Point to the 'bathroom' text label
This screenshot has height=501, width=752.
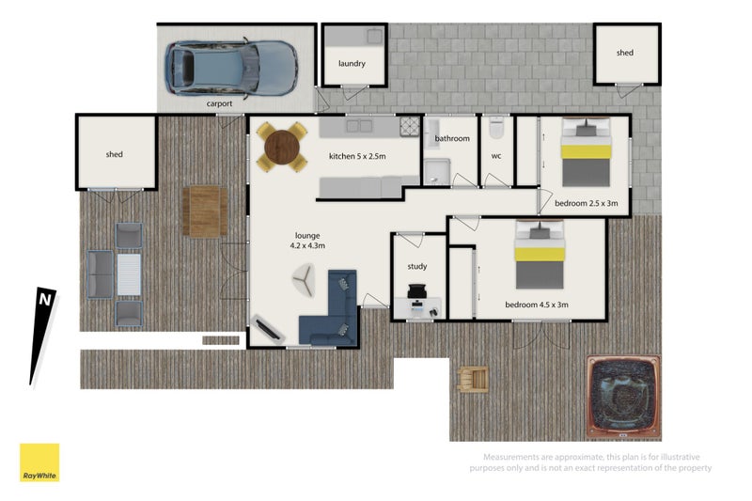(x=451, y=139)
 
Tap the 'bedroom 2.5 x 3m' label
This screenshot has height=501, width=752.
(x=585, y=203)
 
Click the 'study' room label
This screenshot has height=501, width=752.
(x=417, y=267)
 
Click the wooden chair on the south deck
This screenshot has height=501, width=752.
(x=472, y=379)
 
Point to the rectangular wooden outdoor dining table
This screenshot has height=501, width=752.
(x=205, y=211)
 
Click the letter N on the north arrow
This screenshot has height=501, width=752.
(x=44, y=300)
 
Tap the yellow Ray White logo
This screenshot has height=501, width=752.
(x=39, y=462)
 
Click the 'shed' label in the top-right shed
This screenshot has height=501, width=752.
(x=625, y=54)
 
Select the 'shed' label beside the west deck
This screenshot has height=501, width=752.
(x=115, y=154)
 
